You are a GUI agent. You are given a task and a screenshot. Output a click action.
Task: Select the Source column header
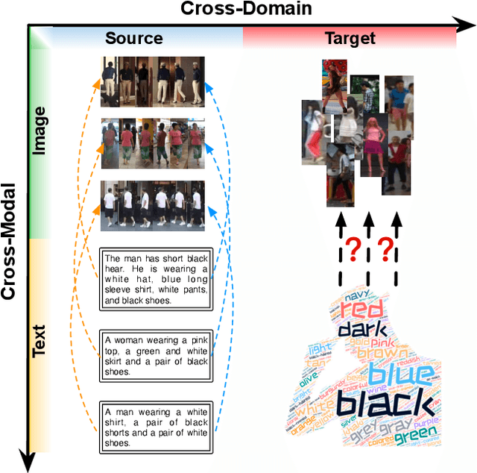click(x=133, y=39)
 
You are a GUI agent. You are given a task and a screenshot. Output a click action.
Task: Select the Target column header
click(x=350, y=39)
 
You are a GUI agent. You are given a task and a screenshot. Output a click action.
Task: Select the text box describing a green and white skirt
click(x=155, y=354)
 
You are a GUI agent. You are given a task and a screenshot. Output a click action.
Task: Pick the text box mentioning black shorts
click(x=155, y=425)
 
